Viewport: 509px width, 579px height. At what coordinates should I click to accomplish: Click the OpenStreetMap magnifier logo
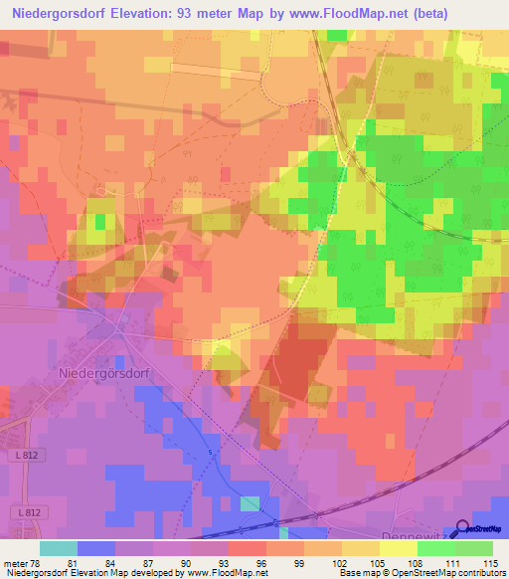(463, 529)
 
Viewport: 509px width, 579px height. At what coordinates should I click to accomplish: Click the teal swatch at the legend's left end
(58, 548)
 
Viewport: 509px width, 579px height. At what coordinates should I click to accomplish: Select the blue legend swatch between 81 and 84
(95, 548)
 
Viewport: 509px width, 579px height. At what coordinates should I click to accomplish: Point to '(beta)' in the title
(420, 13)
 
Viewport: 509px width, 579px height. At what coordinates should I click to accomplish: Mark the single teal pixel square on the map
(248, 504)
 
